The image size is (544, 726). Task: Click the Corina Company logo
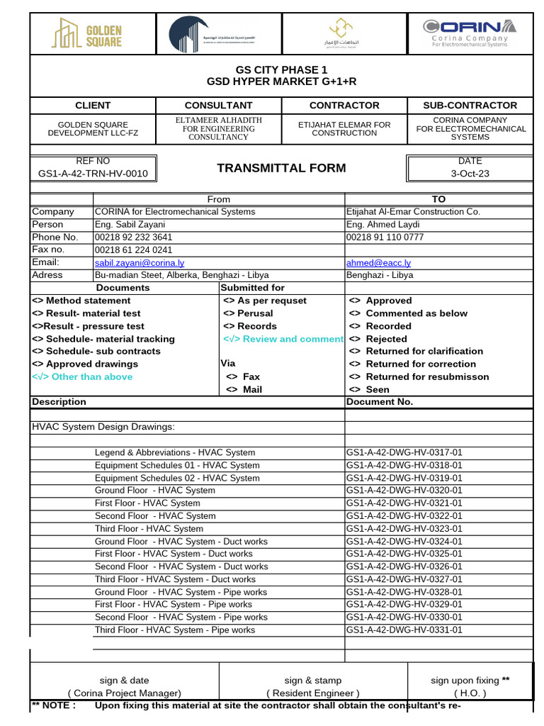pos(470,33)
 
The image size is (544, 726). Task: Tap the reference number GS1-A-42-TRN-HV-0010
pos(93,173)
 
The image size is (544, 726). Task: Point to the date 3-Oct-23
pos(470,173)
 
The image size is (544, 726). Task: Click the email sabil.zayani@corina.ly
pos(140,262)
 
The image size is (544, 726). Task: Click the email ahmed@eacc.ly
pos(378,262)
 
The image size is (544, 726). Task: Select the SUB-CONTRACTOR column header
pos(470,105)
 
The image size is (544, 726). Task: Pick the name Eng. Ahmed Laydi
pos(383,224)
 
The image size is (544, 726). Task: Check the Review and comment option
pos(283,339)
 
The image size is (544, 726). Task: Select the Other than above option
pos(83,376)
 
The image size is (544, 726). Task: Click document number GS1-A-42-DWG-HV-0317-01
pos(404,452)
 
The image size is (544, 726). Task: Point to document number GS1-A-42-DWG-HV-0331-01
pos(404,630)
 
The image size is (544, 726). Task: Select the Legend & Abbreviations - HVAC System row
pos(175,452)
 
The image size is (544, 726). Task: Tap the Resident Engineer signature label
pos(312,693)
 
